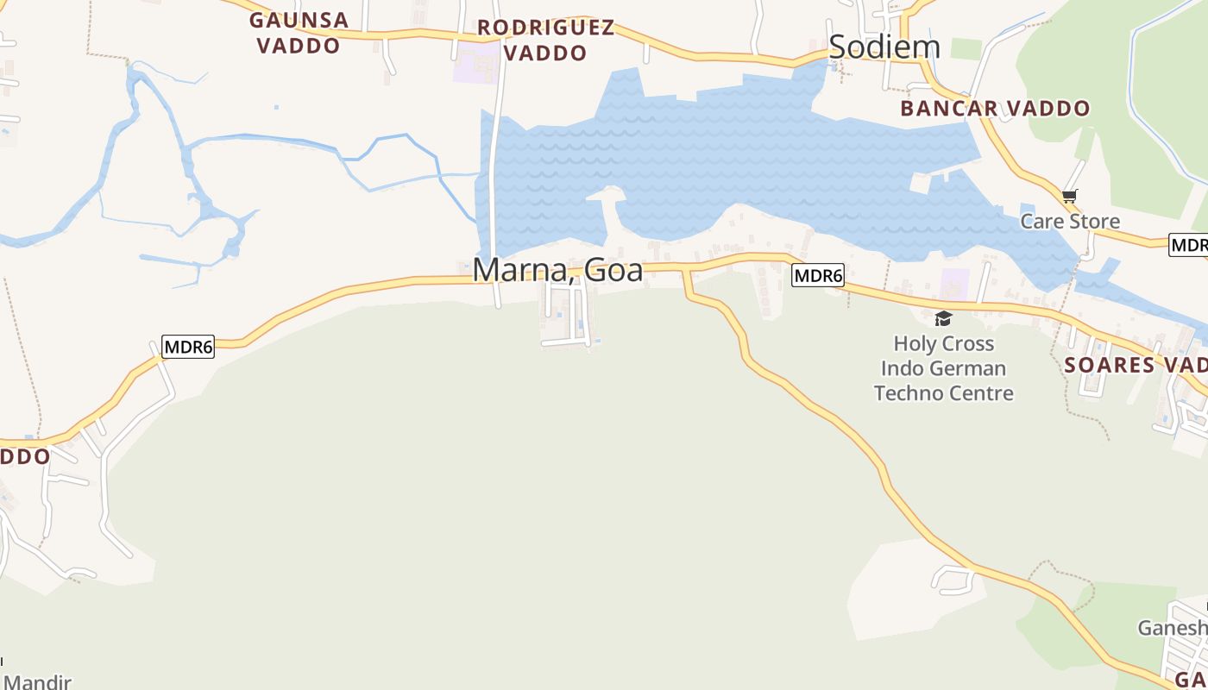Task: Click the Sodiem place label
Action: (884, 47)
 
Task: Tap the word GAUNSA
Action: (299, 20)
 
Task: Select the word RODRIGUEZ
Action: (545, 28)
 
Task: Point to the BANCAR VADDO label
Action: (995, 109)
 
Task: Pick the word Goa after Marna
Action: (613, 270)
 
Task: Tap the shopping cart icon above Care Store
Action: (1070, 197)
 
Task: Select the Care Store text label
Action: (1070, 222)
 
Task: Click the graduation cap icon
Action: (943, 318)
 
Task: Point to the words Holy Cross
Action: (943, 344)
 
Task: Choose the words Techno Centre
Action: (943, 393)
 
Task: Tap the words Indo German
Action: (943, 368)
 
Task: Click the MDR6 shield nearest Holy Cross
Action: (817, 276)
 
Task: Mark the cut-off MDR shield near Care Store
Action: (1189, 245)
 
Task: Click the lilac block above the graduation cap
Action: (954, 284)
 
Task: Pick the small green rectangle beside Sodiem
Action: (966, 48)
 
